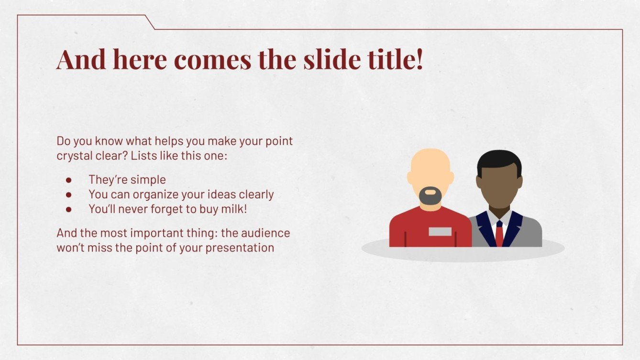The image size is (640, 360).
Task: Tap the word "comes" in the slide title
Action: click(213, 61)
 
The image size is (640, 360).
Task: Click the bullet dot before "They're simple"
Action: click(68, 180)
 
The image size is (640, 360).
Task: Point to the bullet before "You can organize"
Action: click(68, 195)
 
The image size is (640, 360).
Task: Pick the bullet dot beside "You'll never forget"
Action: click(68, 209)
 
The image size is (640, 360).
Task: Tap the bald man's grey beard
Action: click(430, 196)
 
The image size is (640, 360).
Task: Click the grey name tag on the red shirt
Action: click(440, 231)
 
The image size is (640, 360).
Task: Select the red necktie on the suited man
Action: click(499, 234)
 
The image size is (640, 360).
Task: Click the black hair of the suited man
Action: click(499, 162)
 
